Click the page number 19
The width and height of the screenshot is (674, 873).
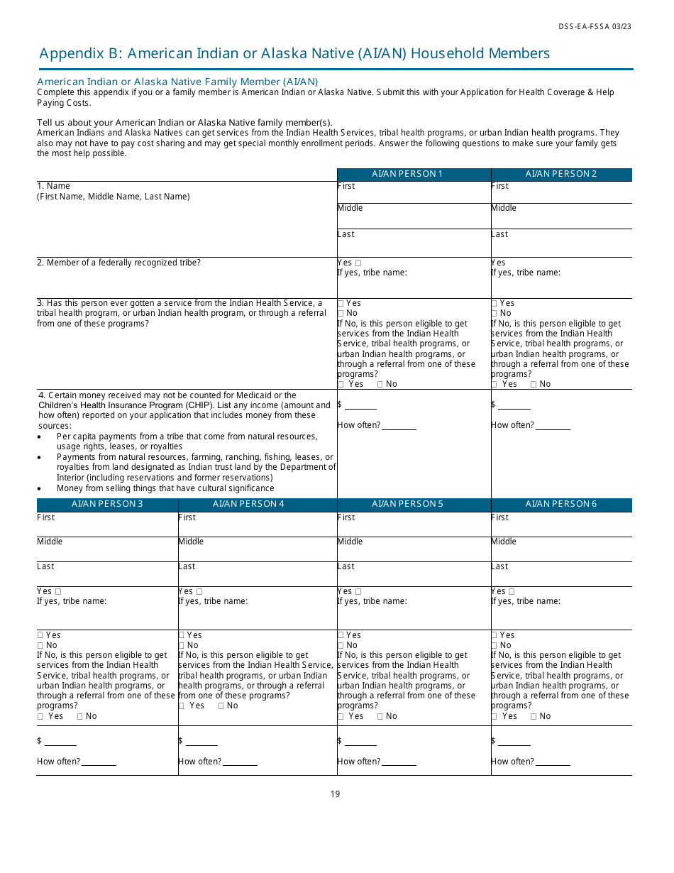point(335,794)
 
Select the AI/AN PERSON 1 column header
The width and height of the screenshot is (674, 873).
point(414,174)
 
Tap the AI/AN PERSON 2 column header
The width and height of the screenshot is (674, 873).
point(561,174)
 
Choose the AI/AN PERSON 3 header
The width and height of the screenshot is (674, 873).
point(107,504)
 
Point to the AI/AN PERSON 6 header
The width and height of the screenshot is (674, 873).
point(561,504)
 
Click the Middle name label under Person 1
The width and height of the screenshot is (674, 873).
point(350,208)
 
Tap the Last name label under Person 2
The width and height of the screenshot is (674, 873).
point(499,234)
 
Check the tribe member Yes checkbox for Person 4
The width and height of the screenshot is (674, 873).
point(199,591)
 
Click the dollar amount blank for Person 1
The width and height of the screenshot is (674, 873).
point(361,405)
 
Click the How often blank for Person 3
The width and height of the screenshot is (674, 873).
point(99,762)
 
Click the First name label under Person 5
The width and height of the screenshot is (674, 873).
point(346,517)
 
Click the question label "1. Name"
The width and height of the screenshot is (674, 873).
point(54,186)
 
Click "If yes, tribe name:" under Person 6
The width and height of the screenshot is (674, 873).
point(526,601)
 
